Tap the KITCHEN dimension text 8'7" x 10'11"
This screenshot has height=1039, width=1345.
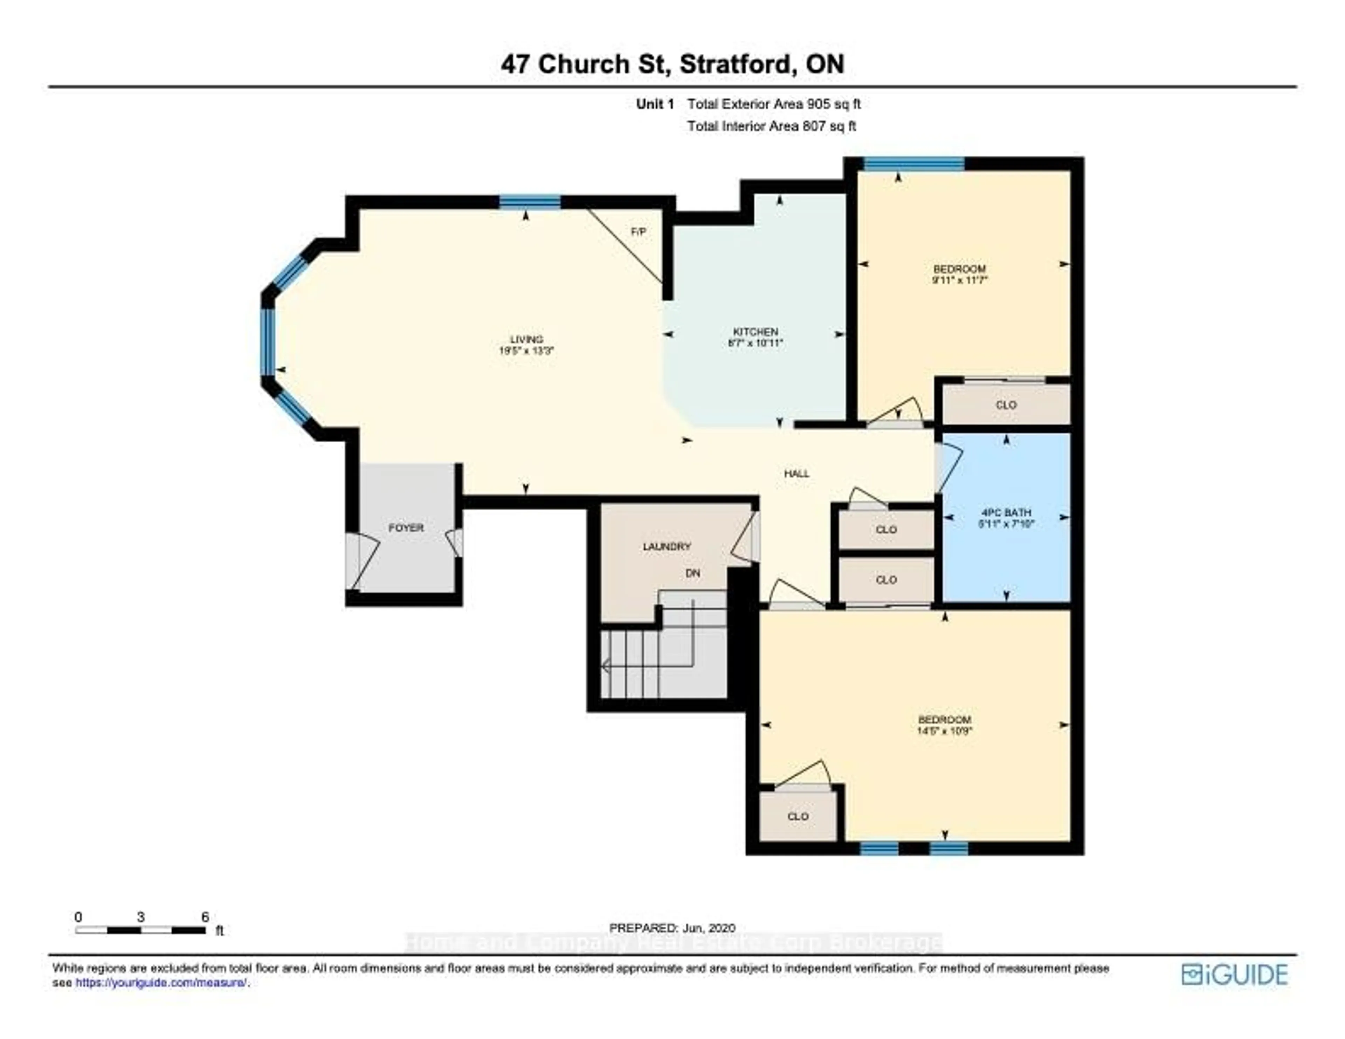point(755,343)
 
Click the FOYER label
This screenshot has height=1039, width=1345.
point(406,528)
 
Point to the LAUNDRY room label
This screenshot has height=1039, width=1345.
point(666,546)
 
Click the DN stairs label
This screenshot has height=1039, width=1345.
point(693,573)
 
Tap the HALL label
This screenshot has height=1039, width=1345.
point(796,473)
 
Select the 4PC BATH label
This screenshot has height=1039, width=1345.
point(1006,512)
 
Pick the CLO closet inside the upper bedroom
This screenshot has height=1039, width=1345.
point(1006,404)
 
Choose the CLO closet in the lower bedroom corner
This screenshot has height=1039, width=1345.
point(798,816)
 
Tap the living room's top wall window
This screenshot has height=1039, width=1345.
point(530,202)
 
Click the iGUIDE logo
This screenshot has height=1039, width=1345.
point(1234,974)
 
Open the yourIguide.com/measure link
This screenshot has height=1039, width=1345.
point(161,983)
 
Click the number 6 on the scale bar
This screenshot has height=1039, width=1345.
point(205,917)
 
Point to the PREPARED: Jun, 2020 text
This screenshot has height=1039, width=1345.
point(672,928)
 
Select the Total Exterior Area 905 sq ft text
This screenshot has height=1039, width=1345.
point(773,104)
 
